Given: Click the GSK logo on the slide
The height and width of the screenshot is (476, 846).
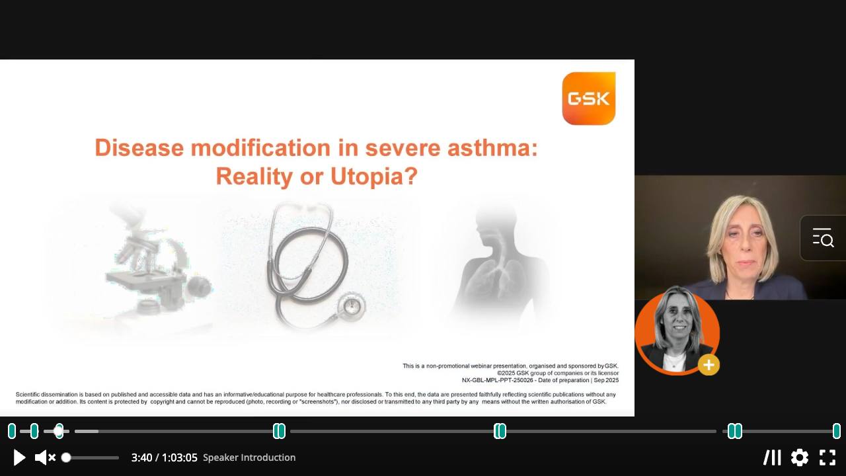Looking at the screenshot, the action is [588, 99].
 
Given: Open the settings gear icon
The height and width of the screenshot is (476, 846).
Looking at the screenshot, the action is [800, 457].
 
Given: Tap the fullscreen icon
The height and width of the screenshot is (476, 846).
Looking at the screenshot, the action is [827, 457].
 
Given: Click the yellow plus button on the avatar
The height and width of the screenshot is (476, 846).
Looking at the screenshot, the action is [709, 365].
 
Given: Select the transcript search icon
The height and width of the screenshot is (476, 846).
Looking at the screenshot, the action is [823, 238].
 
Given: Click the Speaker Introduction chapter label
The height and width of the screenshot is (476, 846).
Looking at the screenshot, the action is [249, 457].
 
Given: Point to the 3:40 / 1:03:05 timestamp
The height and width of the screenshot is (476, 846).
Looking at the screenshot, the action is [165, 458].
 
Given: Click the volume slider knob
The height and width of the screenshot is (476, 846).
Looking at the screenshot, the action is [66, 458].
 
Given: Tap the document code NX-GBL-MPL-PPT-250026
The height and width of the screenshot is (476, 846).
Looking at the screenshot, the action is [498, 380].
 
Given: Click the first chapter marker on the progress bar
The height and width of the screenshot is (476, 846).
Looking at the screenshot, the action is [12, 431].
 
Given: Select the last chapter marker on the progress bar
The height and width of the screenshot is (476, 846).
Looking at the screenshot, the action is [837, 431].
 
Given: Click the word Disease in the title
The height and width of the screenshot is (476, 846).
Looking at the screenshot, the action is [139, 147].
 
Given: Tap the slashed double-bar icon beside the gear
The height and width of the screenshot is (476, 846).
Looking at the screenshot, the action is [772, 457].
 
